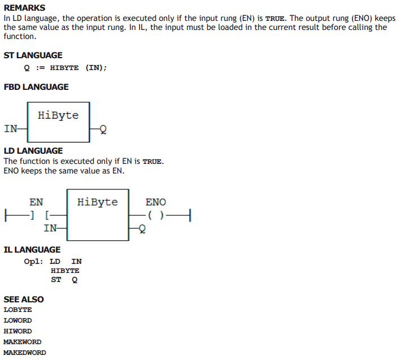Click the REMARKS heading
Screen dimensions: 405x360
click(24, 8)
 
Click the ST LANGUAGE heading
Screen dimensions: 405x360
click(33, 55)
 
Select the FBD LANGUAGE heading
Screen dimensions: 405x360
click(36, 87)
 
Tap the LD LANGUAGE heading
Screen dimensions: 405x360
click(33, 151)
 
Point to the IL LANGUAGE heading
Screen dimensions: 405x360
click(32, 250)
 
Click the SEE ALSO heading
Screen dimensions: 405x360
click(24, 300)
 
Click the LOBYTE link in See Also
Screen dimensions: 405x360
click(18, 310)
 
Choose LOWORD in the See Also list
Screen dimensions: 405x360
click(18, 320)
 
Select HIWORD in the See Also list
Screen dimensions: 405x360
click(18, 331)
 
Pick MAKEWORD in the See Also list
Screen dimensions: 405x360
click(22, 342)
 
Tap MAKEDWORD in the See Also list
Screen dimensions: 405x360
click(25, 353)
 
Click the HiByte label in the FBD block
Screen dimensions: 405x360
click(58, 115)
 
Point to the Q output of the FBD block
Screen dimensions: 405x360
click(103, 129)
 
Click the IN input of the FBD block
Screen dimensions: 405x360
click(11, 129)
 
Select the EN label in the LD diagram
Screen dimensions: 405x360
click(36, 202)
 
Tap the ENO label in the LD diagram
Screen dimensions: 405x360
click(156, 202)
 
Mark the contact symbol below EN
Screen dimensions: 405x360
click(40, 215)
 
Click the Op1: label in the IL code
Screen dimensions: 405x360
click(33, 262)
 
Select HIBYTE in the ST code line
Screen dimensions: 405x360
click(64, 68)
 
